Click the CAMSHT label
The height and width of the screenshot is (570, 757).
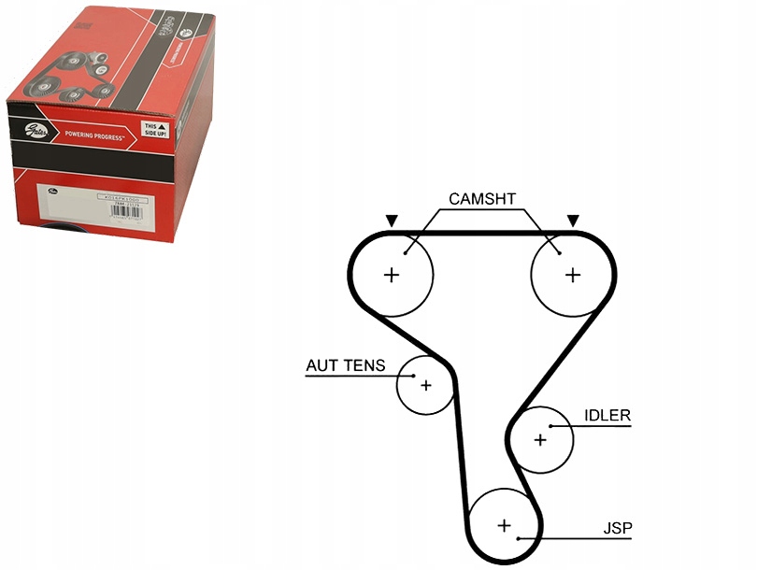pyautogui.click(x=482, y=199)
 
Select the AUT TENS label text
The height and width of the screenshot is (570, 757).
pyautogui.click(x=345, y=366)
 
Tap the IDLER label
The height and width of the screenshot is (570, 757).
pyautogui.click(x=607, y=416)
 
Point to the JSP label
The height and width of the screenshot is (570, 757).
pyautogui.click(x=618, y=530)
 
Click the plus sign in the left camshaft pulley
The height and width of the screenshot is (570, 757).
pyautogui.click(x=392, y=275)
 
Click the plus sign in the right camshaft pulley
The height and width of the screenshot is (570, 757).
pyautogui.click(x=572, y=275)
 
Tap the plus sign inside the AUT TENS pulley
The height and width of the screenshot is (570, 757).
pyautogui.click(x=425, y=384)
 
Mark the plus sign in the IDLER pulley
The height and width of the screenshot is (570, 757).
pyautogui.click(x=540, y=439)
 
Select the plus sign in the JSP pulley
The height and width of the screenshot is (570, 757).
pyautogui.click(x=505, y=525)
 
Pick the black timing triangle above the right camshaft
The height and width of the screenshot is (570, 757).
pyautogui.click(x=572, y=221)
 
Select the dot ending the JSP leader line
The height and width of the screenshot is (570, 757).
pyautogui.click(x=518, y=539)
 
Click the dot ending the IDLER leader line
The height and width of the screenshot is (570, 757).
pyautogui.click(x=551, y=426)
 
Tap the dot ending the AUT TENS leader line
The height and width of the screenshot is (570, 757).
pyautogui.click(x=412, y=376)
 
